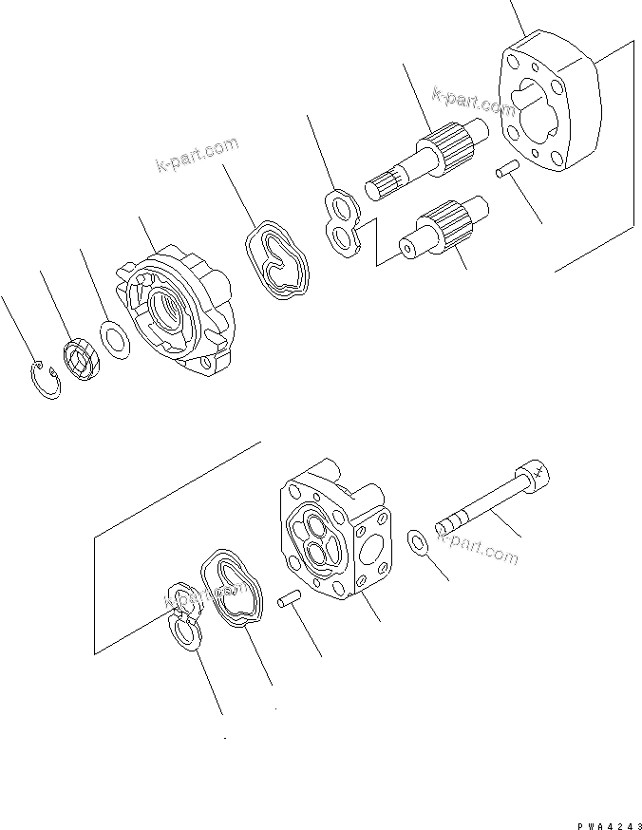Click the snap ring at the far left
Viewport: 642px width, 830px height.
coord(44,379)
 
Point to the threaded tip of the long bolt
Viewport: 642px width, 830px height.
coord(452,522)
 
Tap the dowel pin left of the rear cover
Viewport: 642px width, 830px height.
coord(289,601)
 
